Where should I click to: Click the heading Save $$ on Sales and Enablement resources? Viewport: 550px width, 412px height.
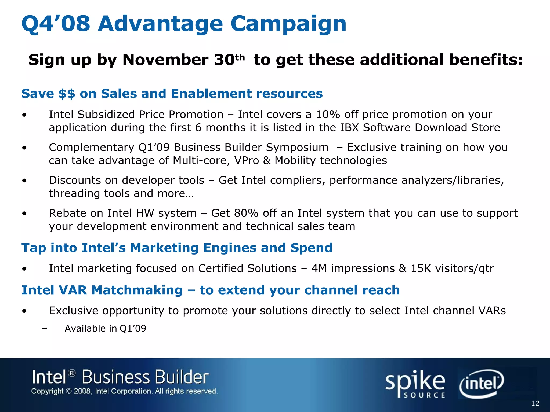coord(172,94)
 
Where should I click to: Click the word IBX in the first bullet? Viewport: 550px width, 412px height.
coord(349,128)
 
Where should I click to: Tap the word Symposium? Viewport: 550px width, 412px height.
coord(297,148)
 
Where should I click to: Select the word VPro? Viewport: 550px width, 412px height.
coord(247,161)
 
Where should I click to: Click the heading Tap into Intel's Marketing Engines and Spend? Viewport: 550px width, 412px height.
coord(177,248)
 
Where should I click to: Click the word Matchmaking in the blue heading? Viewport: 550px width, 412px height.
coord(137,290)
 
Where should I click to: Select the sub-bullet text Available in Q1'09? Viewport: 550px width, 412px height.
coord(105,329)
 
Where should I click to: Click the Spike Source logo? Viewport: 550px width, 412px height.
coord(415,384)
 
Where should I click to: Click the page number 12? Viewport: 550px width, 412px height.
coord(535,403)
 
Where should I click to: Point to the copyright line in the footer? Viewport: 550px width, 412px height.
coord(124,391)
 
